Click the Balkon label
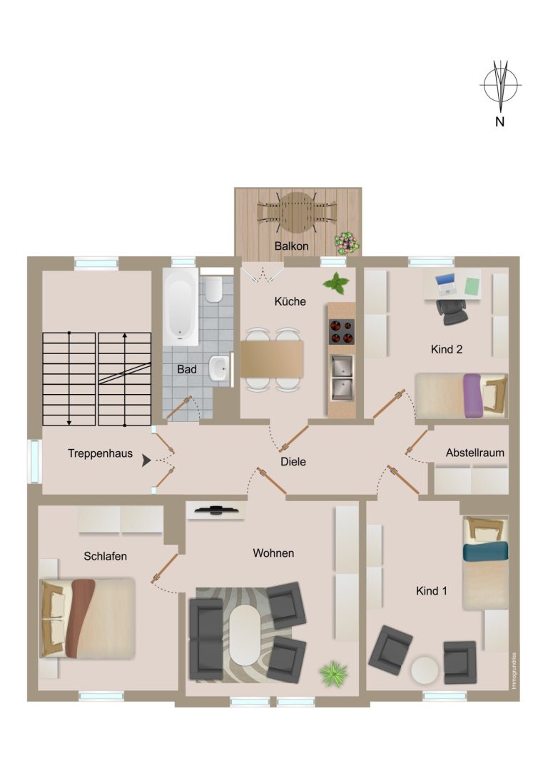point(291,246)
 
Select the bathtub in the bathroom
point(181,307)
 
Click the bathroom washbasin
point(218,368)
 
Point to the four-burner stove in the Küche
point(342,331)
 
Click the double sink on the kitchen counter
point(342,378)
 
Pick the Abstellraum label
point(475,453)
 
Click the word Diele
point(293,462)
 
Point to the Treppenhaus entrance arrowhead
point(146,460)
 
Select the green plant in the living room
point(333,673)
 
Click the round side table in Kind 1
point(425,670)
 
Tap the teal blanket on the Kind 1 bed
point(485,551)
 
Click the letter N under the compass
point(500,121)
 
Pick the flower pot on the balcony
point(347,243)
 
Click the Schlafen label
point(106,556)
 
